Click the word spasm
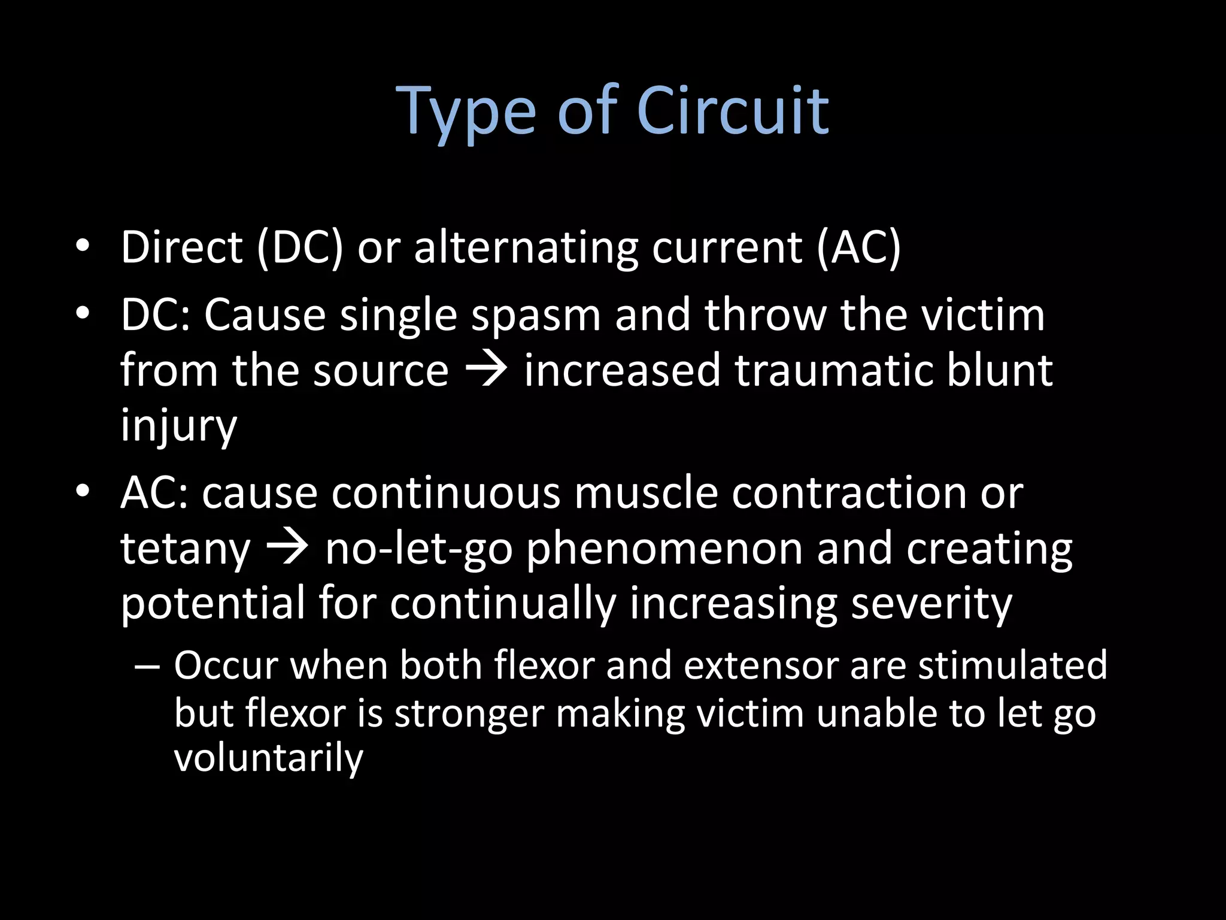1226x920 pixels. click(x=536, y=315)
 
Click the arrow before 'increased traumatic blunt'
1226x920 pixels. click(x=486, y=370)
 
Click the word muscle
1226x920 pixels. click(x=646, y=493)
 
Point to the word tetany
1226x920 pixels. click(x=185, y=549)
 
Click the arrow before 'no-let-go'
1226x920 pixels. click(x=287, y=547)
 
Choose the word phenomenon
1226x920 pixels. click(x=664, y=549)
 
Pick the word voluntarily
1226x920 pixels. click(x=269, y=758)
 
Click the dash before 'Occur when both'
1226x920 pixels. click(x=147, y=666)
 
